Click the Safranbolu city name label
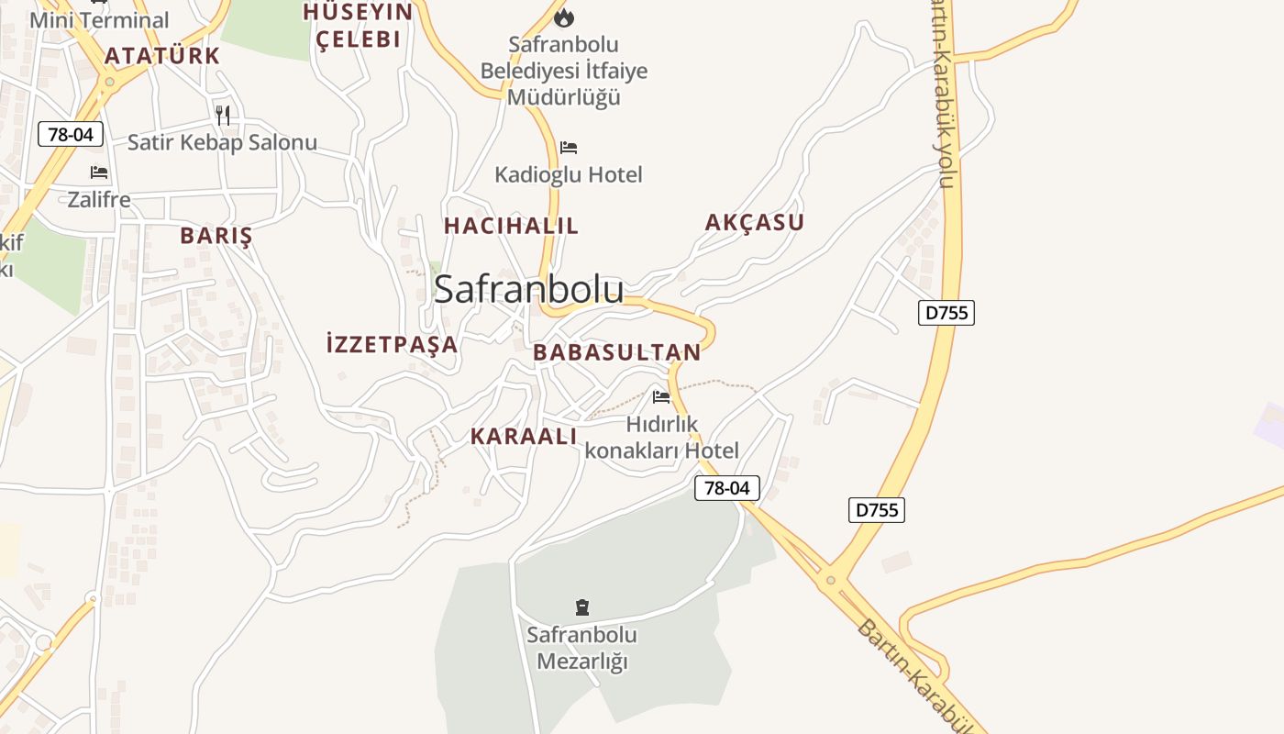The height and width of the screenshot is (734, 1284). pyautogui.click(x=528, y=289)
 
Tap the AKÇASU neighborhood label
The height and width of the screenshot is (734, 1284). pyautogui.click(x=754, y=222)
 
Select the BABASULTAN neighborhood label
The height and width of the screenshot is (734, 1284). pyautogui.click(x=616, y=352)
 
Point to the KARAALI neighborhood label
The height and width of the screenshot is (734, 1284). pyautogui.click(x=524, y=437)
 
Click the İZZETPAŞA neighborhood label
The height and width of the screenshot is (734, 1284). pyautogui.click(x=392, y=344)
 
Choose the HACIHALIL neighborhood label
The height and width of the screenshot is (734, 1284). pyautogui.click(x=511, y=226)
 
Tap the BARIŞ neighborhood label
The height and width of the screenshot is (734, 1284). pyautogui.click(x=216, y=236)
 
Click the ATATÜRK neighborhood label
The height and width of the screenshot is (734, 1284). pyautogui.click(x=162, y=56)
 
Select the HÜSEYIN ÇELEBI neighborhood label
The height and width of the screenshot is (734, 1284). pyautogui.click(x=358, y=26)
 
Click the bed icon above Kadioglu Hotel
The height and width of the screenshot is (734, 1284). pyautogui.click(x=569, y=148)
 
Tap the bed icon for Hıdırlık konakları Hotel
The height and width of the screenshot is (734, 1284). pyautogui.click(x=661, y=397)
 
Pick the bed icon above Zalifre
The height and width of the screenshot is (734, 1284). pyautogui.click(x=99, y=172)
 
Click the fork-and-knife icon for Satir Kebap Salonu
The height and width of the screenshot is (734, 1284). pyautogui.click(x=223, y=115)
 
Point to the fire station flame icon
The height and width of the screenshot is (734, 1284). pyautogui.click(x=564, y=17)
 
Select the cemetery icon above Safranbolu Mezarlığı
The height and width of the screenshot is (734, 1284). pyautogui.click(x=581, y=606)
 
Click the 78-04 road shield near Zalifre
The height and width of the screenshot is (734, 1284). pyautogui.click(x=71, y=134)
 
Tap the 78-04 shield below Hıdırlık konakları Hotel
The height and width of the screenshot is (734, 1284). pyautogui.click(x=727, y=488)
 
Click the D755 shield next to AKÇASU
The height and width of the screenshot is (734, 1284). pyautogui.click(x=946, y=312)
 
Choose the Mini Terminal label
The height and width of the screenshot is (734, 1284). pyautogui.click(x=99, y=20)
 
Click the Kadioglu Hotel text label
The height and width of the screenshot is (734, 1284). pyautogui.click(x=569, y=174)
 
